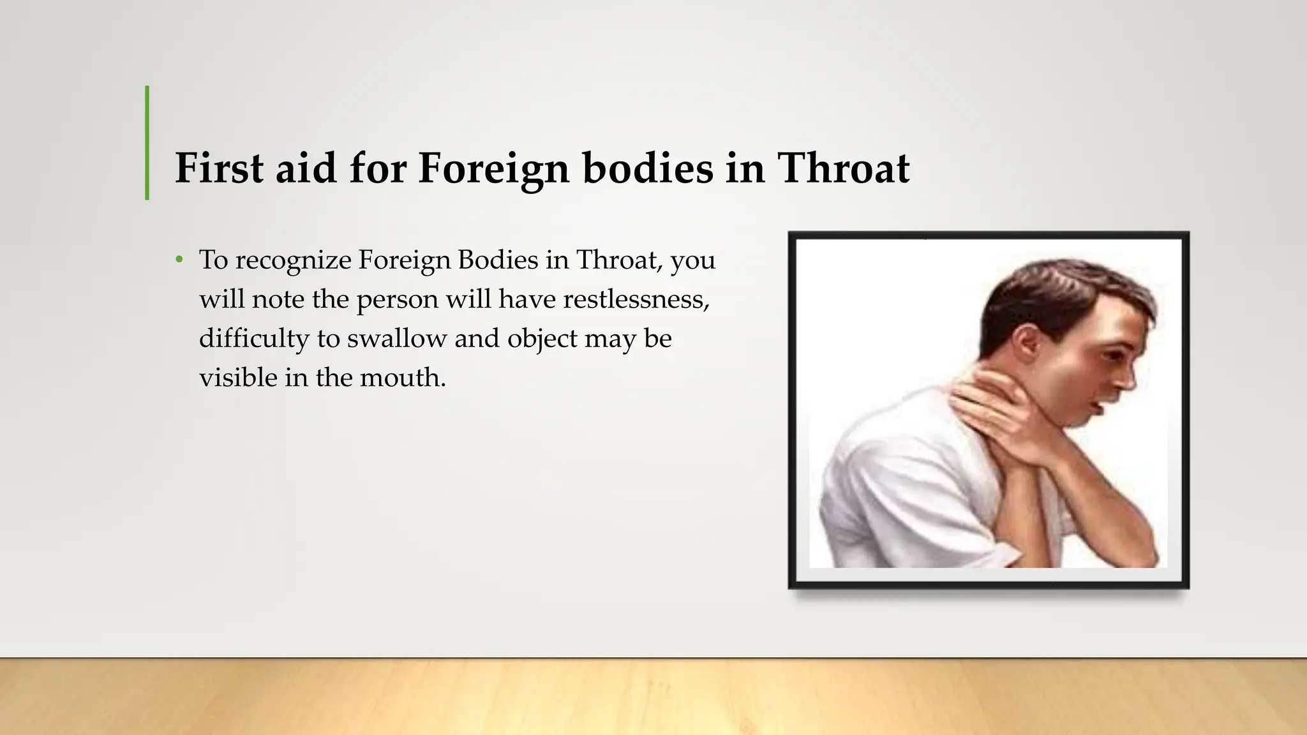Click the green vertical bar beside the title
point(147,143)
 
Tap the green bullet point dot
point(179,260)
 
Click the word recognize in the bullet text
point(293,260)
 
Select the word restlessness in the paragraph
point(636,299)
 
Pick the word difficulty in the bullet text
point(254,339)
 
